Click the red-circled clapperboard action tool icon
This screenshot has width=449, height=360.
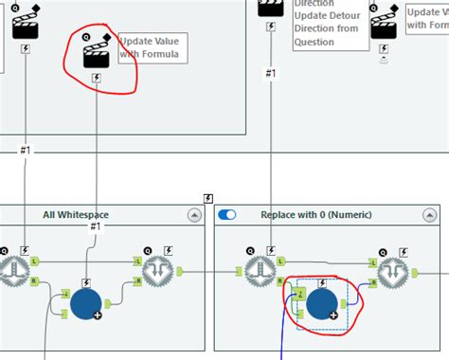(x=97, y=53)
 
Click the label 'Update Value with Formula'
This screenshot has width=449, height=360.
(x=152, y=48)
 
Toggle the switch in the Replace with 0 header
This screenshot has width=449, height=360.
(x=227, y=215)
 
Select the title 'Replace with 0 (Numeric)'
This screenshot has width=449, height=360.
(x=315, y=215)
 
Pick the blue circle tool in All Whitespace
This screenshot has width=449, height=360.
(x=87, y=305)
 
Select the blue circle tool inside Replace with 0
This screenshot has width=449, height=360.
(x=322, y=303)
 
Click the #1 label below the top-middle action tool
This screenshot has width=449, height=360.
(x=270, y=73)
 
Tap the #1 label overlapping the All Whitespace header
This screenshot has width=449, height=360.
(x=96, y=226)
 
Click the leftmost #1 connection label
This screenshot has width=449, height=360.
(x=24, y=150)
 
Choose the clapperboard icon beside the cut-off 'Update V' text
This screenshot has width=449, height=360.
(x=383, y=25)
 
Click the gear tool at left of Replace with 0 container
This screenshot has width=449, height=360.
(x=260, y=272)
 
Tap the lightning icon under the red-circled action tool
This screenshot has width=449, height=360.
(x=98, y=79)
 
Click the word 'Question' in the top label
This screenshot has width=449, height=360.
(x=314, y=42)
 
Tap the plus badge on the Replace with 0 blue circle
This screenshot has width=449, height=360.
(x=333, y=315)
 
